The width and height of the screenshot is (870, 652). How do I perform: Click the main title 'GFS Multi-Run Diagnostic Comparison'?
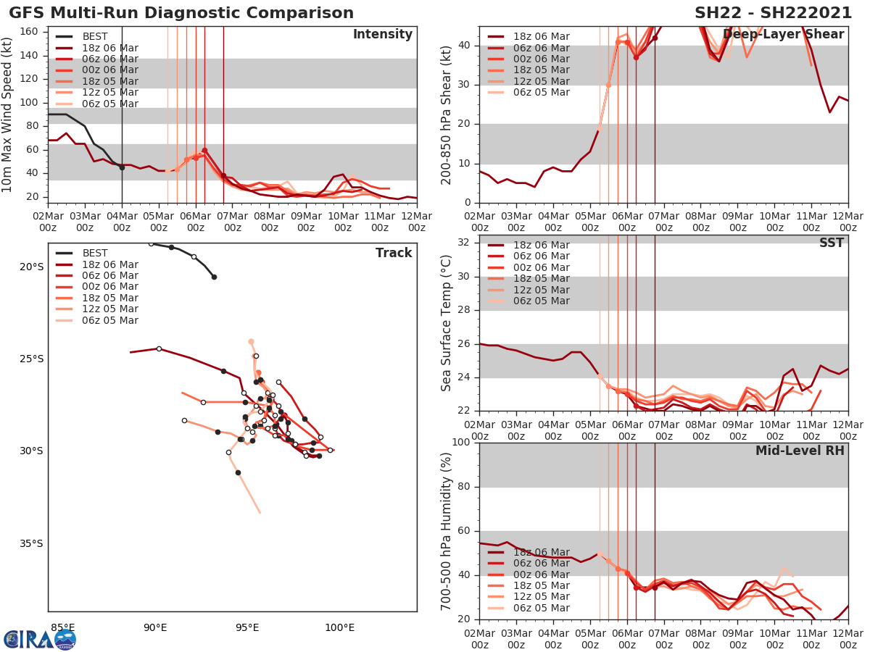pyautogui.click(x=181, y=13)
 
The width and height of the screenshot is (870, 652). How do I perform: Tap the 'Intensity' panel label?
pyautogui.click(x=382, y=35)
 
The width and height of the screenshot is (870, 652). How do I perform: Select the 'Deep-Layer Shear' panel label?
pyautogui.click(x=783, y=35)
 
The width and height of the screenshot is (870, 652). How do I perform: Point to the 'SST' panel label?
pyautogui.click(x=831, y=243)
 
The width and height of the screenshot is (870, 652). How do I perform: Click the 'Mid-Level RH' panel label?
pyautogui.click(x=800, y=451)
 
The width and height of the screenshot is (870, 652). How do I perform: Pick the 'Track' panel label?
pyautogui.click(x=394, y=253)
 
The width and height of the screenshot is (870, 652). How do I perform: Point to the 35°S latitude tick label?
pyautogui.click(x=31, y=544)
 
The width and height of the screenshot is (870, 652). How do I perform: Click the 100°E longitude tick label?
pyautogui.click(x=339, y=627)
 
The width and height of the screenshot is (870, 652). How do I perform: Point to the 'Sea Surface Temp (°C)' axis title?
pyautogui.click(x=447, y=322)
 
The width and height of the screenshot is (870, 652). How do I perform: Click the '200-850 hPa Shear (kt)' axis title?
pyautogui.click(x=447, y=114)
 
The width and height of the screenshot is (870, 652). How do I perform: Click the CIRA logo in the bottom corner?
pyautogui.click(x=39, y=639)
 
